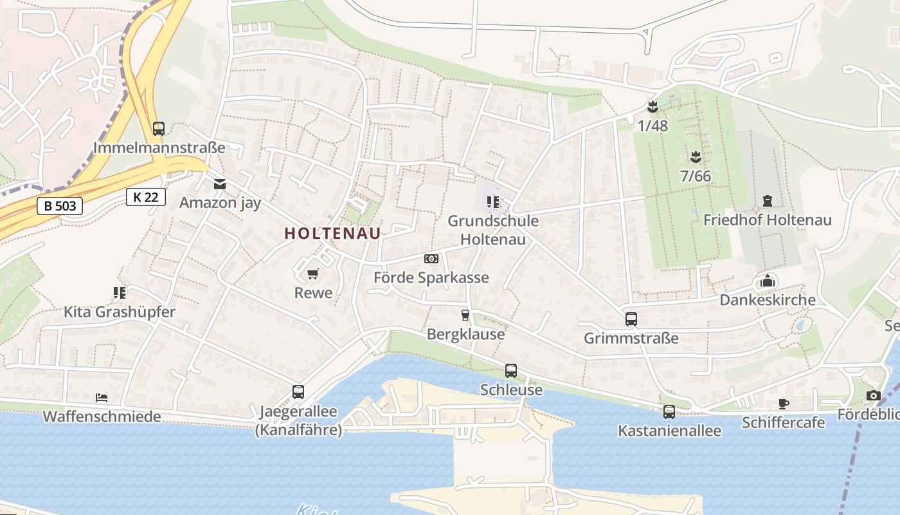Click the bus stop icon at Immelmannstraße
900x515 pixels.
[x=159, y=129]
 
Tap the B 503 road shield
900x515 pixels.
[x=60, y=206]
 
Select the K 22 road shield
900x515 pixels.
[x=146, y=197]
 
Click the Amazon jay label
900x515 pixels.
[x=220, y=203]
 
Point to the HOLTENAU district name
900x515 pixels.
[x=332, y=234]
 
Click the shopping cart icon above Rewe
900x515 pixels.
[x=313, y=274]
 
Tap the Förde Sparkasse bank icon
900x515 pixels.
[x=431, y=259]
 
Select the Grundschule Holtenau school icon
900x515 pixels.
[x=493, y=202]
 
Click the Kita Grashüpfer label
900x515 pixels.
[x=120, y=312]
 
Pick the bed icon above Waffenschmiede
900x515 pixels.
[x=102, y=397]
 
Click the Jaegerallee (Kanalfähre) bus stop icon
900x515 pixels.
[x=298, y=391]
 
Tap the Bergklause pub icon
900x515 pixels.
[x=465, y=315]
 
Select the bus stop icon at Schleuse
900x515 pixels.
[x=511, y=371]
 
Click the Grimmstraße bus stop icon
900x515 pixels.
[x=631, y=319]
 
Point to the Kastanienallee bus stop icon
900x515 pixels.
[x=669, y=412]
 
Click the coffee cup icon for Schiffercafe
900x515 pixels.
[x=783, y=404]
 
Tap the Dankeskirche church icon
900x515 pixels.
[x=767, y=281]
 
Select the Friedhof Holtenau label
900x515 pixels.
[x=767, y=220]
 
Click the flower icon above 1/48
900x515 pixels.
[x=652, y=107]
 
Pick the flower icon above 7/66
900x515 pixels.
[x=695, y=156]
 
